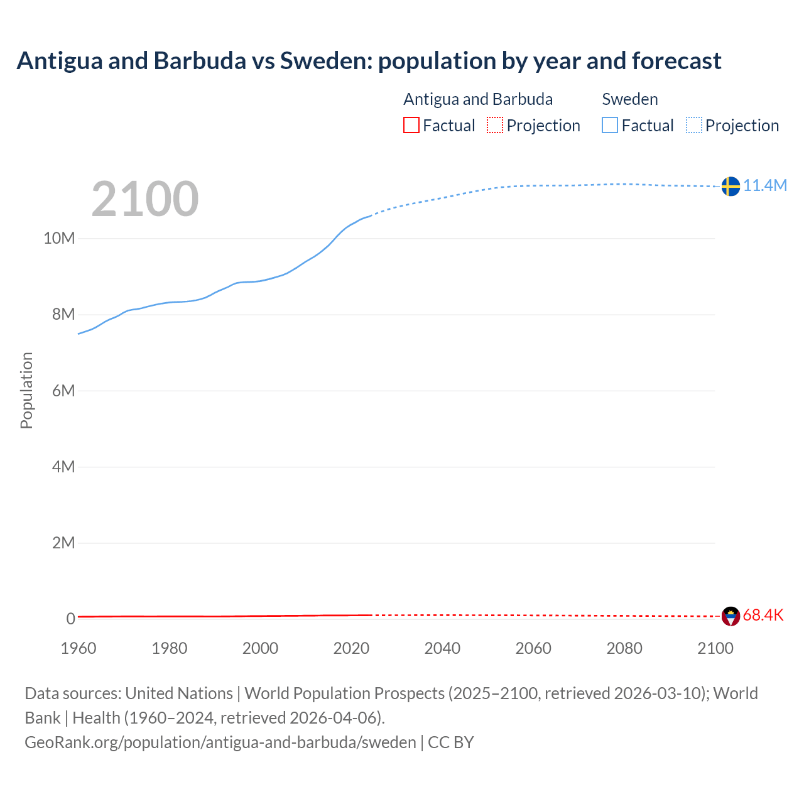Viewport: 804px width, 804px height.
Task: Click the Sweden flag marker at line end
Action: click(x=731, y=186)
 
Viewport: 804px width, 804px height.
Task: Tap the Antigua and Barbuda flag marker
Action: click(x=731, y=616)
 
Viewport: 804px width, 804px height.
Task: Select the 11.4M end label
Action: click(x=765, y=185)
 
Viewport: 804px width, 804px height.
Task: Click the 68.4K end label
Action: click(x=763, y=615)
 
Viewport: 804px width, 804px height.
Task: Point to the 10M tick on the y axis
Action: click(x=59, y=238)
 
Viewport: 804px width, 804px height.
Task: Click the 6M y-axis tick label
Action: click(x=63, y=391)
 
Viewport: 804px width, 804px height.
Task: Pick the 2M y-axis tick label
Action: click(x=63, y=543)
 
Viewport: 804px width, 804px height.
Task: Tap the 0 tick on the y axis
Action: click(x=71, y=619)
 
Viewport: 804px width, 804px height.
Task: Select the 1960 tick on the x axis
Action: click(x=79, y=648)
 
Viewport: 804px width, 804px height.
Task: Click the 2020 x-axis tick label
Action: click(x=351, y=648)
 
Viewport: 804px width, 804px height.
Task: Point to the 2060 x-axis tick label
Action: click(x=533, y=648)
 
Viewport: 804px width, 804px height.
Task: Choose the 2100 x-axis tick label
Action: click(x=715, y=648)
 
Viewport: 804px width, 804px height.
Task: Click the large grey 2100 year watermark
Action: click(x=145, y=199)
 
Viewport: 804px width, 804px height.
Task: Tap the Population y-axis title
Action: click(x=26, y=390)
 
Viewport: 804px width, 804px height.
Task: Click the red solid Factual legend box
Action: click(x=411, y=125)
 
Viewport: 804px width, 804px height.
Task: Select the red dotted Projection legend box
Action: click(x=495, y=125)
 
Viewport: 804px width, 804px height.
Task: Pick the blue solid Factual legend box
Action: click(x=610, y=125)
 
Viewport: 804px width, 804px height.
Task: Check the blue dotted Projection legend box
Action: click(x=694, y=125)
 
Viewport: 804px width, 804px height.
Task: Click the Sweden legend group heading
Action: click(x=630, y=99)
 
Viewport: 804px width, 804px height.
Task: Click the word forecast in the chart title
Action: click(x=676, y=61)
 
